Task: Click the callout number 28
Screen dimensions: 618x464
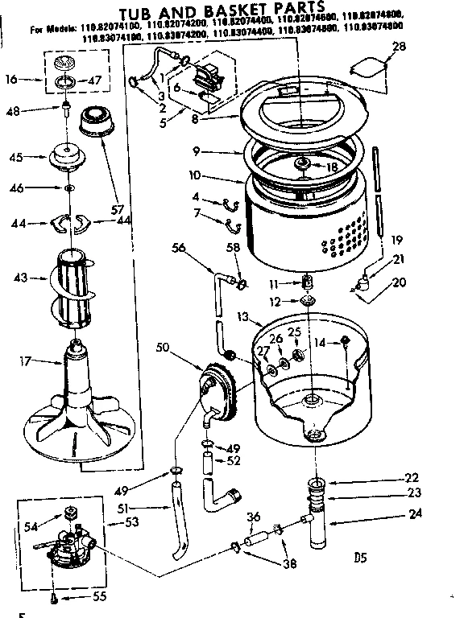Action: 400,47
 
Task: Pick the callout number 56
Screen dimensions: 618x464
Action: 179,249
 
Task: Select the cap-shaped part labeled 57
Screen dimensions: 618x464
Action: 96,129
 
